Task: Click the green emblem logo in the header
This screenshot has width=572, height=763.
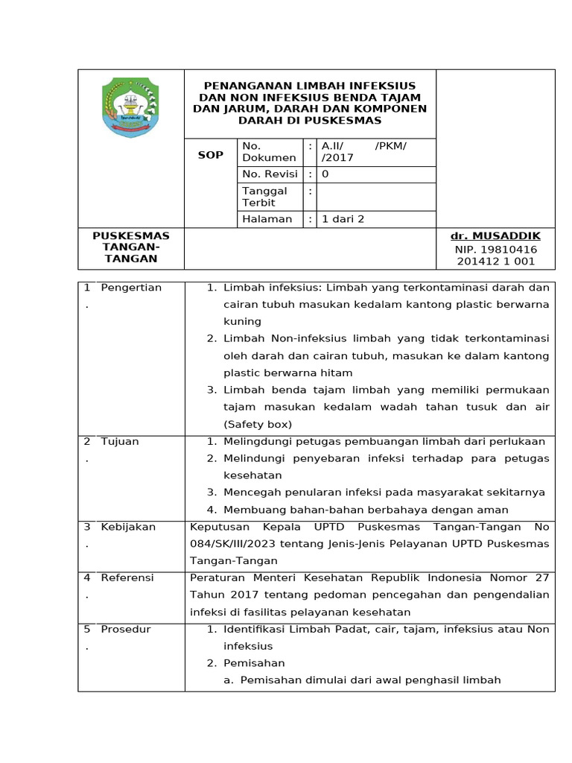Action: tap(130, 108)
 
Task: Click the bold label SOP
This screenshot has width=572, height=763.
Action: tap(210, 155)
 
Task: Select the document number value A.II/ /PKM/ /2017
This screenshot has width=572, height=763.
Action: tap(364, 151)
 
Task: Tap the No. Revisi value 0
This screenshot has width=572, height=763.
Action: tap(325, 174)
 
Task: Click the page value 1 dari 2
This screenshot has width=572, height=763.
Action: tap(343, 219)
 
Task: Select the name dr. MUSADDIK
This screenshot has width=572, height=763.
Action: tap(495, 236)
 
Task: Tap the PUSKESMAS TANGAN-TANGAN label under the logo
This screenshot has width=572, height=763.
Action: tap(130, 247)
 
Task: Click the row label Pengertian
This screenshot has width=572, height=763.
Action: tap(131, 288)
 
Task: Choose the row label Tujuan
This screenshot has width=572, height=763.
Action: tap(120, 441)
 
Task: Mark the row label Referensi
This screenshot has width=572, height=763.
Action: tap(127, 577)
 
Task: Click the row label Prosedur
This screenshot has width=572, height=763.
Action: tap(126, 629)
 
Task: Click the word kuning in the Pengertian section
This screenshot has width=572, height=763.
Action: tap(242, 321)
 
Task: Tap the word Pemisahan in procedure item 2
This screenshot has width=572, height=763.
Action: tap(254, 663)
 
